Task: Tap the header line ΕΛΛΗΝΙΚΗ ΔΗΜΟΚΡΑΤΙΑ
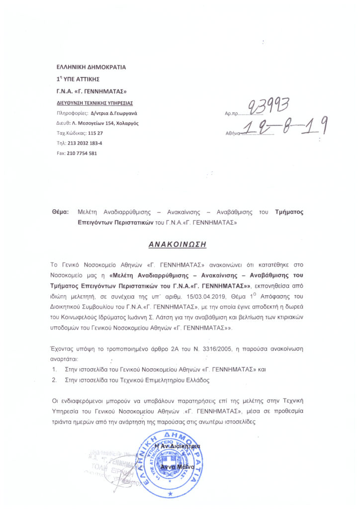(x=91, y=67)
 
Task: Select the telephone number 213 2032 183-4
(x=88, y=143)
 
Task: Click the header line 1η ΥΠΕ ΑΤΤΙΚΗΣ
(x=79, y=79)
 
